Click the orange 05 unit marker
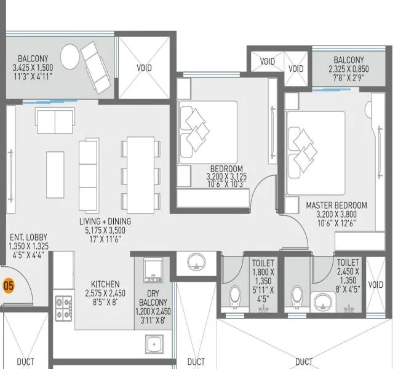click(9, 285)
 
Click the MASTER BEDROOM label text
click(336, 205)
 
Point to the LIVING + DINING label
click(105, 221)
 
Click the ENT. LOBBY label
click(28, 237)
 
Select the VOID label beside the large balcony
click(145, 68)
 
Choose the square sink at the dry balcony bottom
click(151, 343)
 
